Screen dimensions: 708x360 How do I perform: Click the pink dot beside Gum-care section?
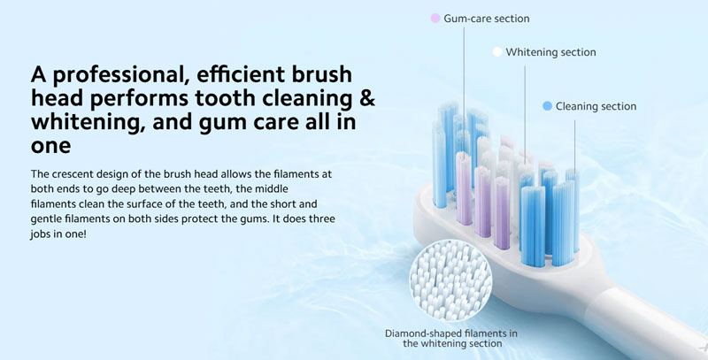435,19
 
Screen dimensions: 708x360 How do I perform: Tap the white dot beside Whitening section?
497,52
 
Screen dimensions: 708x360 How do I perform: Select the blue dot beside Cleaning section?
547,106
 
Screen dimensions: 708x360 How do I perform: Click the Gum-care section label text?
486,19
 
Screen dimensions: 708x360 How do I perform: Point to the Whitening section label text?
550,52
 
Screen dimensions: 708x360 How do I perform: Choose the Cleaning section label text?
596,106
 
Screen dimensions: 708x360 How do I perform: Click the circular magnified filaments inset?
450,280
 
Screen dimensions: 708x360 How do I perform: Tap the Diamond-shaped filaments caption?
450,339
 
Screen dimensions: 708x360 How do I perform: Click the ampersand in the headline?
367,98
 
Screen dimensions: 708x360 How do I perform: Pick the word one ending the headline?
50,147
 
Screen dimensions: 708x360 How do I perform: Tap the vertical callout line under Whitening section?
525,110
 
